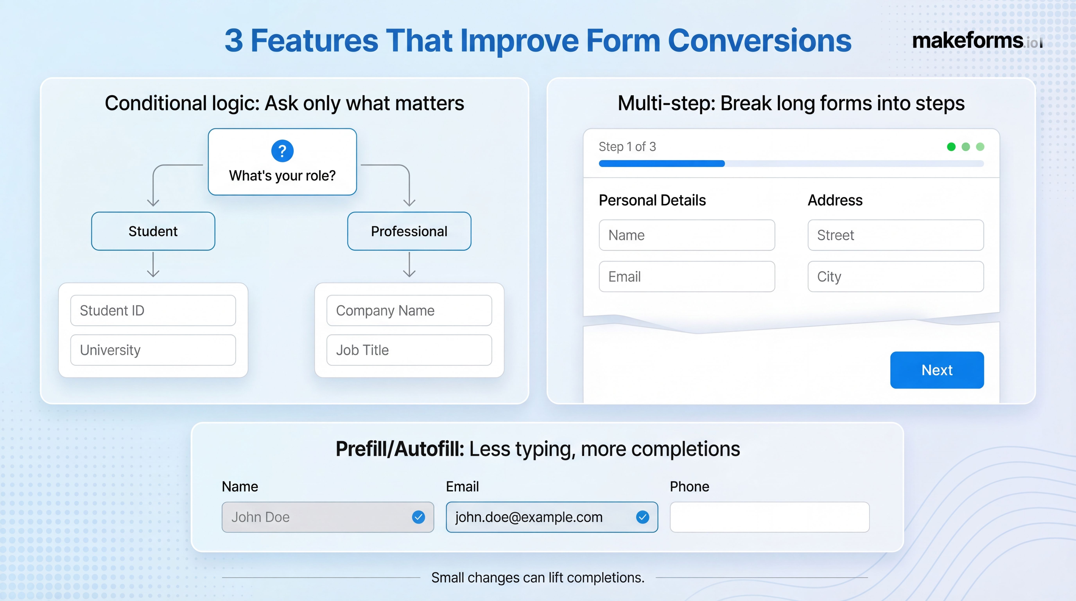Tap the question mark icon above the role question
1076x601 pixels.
282,151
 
